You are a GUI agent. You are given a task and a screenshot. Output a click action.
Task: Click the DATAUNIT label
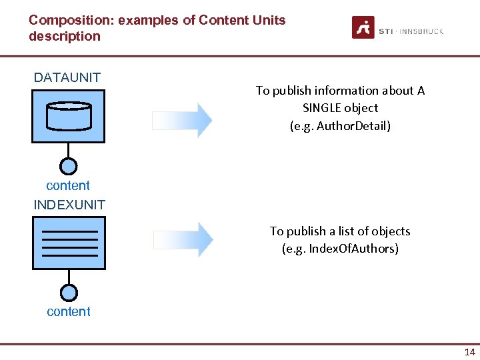point(67,77)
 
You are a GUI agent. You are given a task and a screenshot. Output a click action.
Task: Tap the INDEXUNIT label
point(69,205)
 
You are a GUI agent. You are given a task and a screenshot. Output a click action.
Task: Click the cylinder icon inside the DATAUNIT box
point(68,116)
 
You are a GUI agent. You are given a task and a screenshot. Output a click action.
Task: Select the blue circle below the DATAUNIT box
point(69,166)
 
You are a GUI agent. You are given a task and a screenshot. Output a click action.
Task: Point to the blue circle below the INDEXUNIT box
point(69,293)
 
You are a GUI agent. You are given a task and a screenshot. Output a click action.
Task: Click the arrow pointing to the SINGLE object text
point(182,120)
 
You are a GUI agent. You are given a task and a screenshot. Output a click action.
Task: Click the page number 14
point(469,352)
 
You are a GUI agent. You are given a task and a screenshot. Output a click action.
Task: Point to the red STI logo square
point(363,27)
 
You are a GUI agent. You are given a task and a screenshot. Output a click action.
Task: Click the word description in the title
point(65,36)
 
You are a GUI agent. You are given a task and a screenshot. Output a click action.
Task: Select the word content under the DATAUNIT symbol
point(68,186)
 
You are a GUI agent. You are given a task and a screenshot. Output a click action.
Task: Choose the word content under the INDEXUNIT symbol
point(69,311)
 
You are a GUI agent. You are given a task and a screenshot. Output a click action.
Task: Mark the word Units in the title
point(269,20)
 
